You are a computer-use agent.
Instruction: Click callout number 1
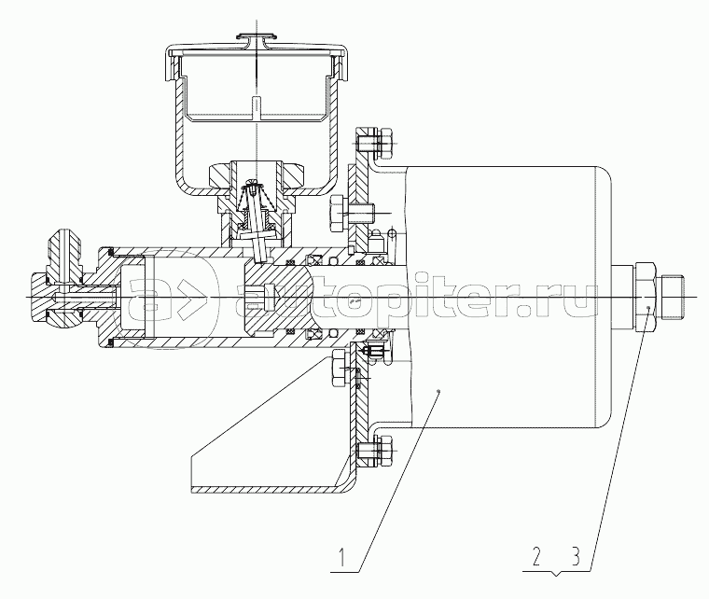(x=342, y=557)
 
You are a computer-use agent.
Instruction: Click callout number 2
(x=536, y=557)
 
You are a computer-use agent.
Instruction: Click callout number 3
(x=576, y=557)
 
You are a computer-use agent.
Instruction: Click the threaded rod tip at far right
(x=673, y=297)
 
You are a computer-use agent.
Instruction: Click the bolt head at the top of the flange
(x=385, y=144)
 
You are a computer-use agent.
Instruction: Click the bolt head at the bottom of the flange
(x=385, y=451)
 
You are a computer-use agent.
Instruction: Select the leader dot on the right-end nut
(x=648, y=307)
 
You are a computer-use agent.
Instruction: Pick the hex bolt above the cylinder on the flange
(x=339, y=213)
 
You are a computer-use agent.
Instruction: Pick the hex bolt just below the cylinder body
(x=340, y=368)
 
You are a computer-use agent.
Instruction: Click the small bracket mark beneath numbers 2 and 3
(x=557, y=574)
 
